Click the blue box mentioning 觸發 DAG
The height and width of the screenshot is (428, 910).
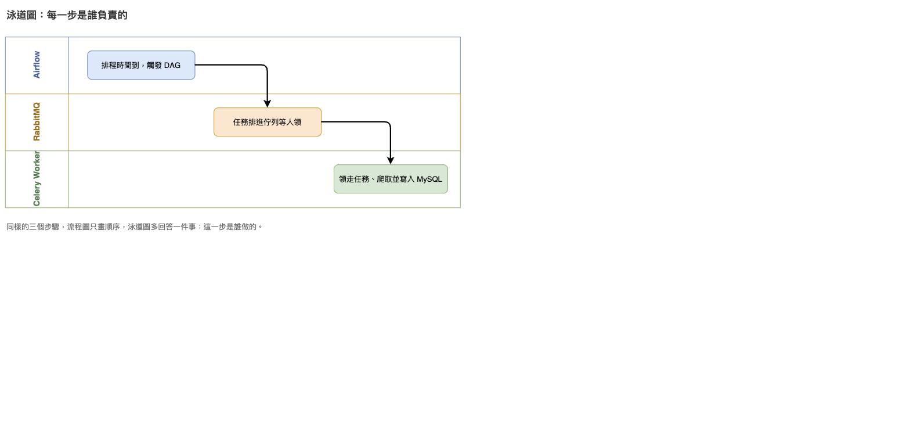[x=141, y=65]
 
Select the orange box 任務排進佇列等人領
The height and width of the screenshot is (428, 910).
[x=268, y=122]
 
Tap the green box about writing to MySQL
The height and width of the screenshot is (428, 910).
[x=391, y=179]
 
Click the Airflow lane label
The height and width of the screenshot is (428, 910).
[x=37, y=64]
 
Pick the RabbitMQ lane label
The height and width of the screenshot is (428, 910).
[x=37, y=121]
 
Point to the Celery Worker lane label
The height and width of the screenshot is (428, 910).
[x=37, y=178]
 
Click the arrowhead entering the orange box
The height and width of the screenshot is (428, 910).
[x=268, y=104]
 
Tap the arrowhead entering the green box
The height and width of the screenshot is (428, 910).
[x=391, y=161]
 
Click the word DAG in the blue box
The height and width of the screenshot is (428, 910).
[x=172, y=66]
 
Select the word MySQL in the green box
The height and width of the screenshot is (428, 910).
[x=429, y=179]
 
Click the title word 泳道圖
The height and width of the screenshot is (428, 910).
[x=21, y=15]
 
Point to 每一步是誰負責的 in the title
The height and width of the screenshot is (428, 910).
[x=87, y=15]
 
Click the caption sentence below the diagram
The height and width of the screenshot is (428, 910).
[x=135, y=226]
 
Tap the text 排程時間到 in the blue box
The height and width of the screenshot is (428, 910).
[x=120, y=66]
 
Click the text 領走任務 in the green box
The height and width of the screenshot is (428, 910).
[x=354, y=179]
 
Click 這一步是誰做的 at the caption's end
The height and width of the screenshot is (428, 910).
[x=230, y=226]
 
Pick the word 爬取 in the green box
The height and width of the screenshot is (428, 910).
[x=384, y=179]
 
